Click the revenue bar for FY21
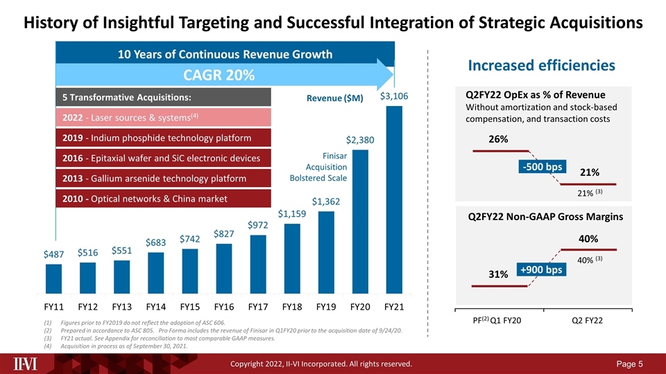click(394, 199)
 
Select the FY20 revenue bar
click(360, 222)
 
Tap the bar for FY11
click(53, 279)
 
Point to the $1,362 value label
click(326, 202)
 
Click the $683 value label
click(155, 242)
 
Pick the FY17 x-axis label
click(258, 307)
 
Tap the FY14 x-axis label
click(156, 307)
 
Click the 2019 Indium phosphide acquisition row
click(164, 138)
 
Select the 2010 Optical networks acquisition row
click(164, 199)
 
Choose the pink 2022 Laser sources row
click(164, 118)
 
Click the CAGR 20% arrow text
click(219, 75)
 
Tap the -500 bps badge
click(543, 167)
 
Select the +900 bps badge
click(541, 269)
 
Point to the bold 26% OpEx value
click(498, 139)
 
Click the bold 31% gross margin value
click(498, 274)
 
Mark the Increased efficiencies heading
click(542, 65)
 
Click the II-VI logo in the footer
click(25, 364)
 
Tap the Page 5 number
click(629, 364)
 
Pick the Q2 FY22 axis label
click(588, 321)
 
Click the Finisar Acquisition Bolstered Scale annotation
click(318, 167)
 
